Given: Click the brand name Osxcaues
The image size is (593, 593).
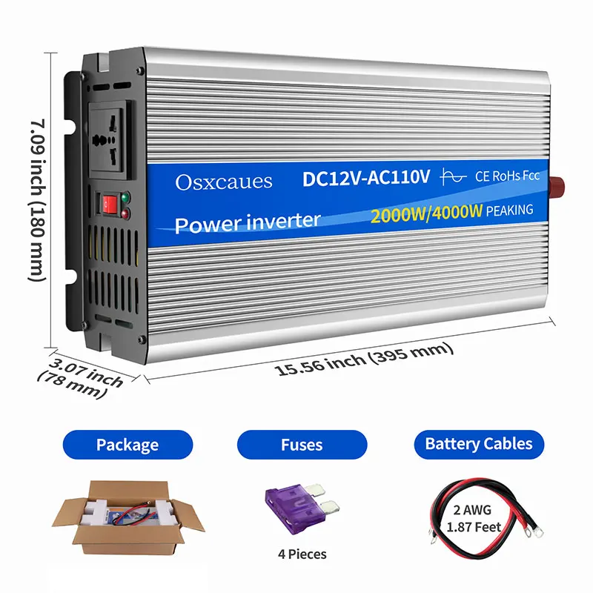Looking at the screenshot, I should click(x=224, y=182).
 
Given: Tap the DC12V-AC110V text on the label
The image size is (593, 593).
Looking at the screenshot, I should click(x=366, y=179).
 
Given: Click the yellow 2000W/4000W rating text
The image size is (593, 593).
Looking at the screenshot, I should click(x=427, y=213).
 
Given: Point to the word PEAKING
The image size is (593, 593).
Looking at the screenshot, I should click(x=511, y=211).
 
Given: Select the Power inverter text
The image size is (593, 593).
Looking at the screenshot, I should click(x=248, y=222).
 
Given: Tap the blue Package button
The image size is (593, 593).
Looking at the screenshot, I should click(x=127, y=445).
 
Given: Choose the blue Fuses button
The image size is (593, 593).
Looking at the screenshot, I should click(x=302, y=445).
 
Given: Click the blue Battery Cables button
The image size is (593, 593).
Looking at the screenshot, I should click(x=478, y=444).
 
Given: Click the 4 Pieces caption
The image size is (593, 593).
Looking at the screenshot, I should click(x=302, y=554).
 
